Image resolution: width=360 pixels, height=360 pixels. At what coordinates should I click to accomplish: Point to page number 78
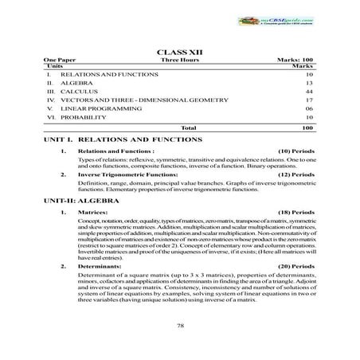point(180,326)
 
